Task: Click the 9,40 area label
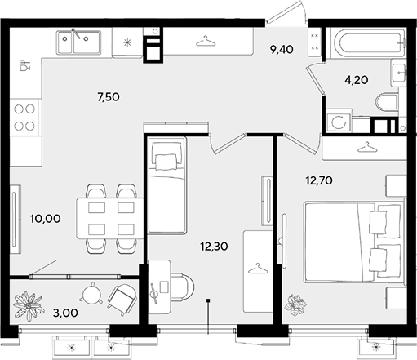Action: [x=282, y=50]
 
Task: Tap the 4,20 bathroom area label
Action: [x=357, y=80]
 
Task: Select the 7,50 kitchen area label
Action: [x=109, y=97]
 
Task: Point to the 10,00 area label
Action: [x=46, y=219]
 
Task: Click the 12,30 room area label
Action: [x=214, y=247]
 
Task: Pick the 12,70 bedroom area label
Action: [x=319, y=180]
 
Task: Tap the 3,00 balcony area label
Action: [x=65, y=313]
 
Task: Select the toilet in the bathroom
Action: [x=387, y=102]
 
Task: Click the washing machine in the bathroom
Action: [x=339, y=122]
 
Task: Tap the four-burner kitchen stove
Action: [x=24, y=118]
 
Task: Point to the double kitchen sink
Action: [x=78, y=42]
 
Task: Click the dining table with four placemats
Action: [x=110, y=219]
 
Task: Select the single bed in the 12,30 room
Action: [x=166, y=185]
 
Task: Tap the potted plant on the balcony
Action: [x=29, y=306]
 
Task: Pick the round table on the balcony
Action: [x=91, y=293]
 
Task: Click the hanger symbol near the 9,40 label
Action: [x=206, y=41]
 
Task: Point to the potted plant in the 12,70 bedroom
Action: [x=295, y=304]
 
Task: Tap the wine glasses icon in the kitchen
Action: [x=25, y=65]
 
